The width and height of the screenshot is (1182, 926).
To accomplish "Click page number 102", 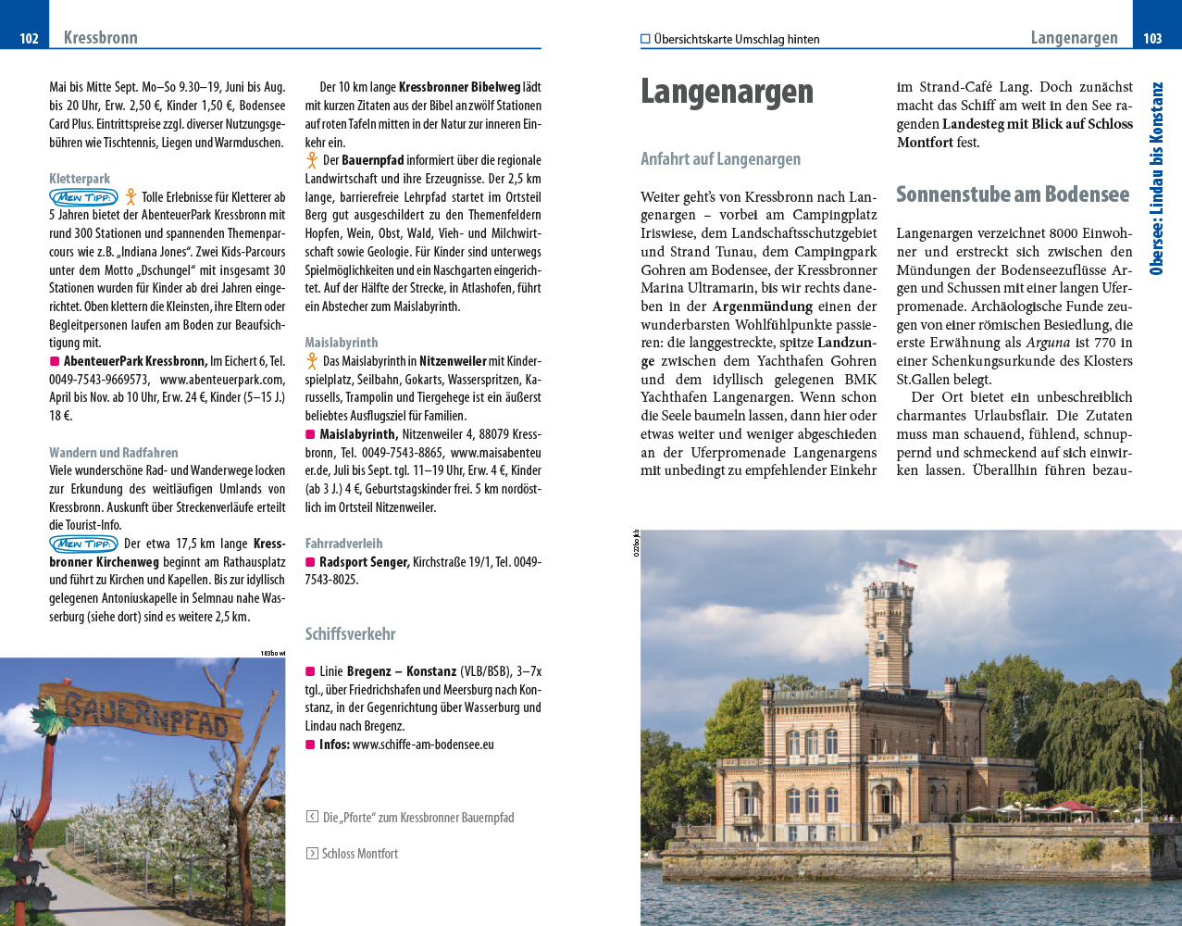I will click(29, 38).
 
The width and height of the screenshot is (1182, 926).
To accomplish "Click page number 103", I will click(1152, 38).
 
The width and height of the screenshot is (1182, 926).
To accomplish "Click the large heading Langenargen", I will click(727, 92).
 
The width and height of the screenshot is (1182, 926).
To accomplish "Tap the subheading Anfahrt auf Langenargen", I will click(720, 159).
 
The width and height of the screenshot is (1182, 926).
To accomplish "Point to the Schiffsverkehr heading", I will click(350, 634).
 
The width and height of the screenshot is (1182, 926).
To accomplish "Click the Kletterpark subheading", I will click(80, 179).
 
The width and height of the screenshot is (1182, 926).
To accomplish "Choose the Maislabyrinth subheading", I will click(342, 343).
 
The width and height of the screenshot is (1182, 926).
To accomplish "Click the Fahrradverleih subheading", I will click(343, 544).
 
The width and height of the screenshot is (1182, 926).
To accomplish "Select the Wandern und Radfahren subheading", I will click(114, 453).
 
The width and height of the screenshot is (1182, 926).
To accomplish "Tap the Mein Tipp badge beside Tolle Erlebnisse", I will click(83, 197).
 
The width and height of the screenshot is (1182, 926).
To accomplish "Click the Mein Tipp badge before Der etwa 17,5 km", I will click(83, 544).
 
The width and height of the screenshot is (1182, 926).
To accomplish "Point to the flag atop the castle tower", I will click(881, 566).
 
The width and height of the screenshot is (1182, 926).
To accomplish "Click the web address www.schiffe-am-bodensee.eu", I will click(423, 745).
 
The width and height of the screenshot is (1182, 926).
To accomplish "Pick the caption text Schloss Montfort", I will click(359, 854).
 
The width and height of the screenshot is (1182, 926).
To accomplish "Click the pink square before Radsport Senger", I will click(311, 562).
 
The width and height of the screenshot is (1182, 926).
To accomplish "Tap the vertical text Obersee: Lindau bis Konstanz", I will click(1156, 178).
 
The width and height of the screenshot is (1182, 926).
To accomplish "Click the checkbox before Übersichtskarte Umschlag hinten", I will click(645, 39).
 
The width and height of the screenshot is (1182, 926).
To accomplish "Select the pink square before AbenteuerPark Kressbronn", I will click(55, 361).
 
